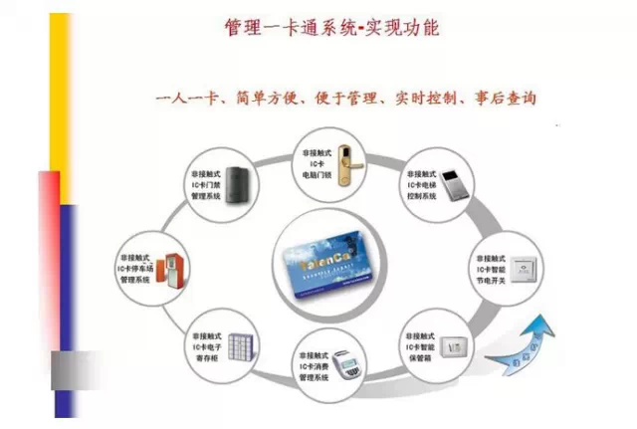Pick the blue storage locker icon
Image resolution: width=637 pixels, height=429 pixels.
[234, 346]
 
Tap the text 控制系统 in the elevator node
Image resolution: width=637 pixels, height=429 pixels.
[421, 196]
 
